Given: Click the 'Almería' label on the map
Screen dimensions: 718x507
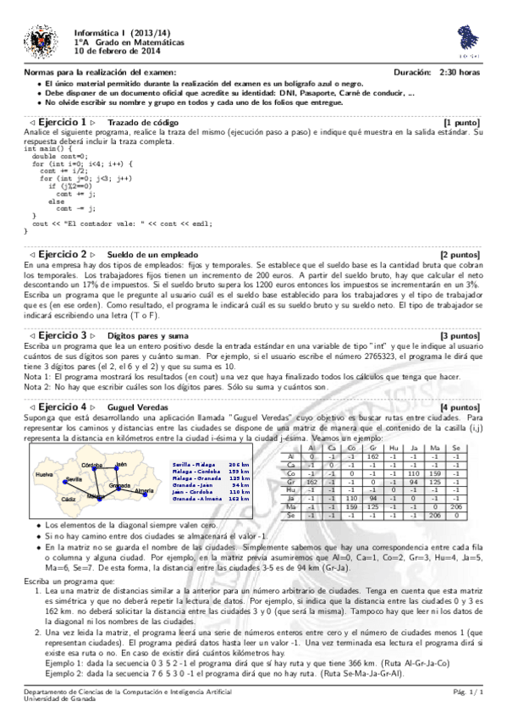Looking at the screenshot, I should tap(145, 491).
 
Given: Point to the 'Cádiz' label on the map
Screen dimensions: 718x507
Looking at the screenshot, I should tap(69, 500).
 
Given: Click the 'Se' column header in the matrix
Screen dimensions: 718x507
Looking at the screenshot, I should tap(457, 448).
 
